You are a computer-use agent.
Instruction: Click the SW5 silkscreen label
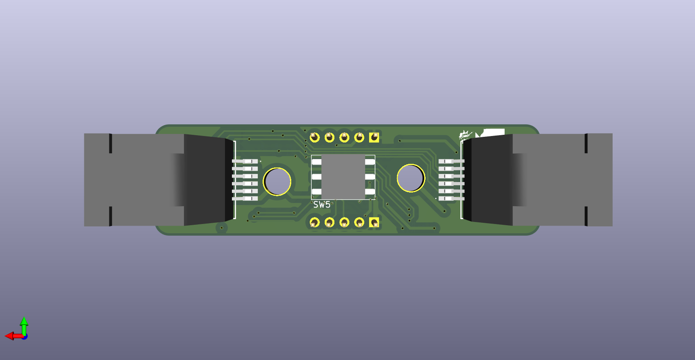click(x=322, y=205)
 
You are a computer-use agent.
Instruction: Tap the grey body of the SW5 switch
click(x=343, y=177)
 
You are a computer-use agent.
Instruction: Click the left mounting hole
click(x=277, y=181)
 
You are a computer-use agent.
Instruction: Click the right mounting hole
click(x=411, y=178)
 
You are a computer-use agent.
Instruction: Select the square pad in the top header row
click(x=374, y=137)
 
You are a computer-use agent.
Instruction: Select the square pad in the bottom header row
click(x=374, y=222)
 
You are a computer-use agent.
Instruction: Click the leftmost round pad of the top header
click(x=315, y=137)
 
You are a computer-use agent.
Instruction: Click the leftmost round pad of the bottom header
click(x=315, y=222)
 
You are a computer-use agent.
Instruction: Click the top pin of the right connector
click(x=451, y=161)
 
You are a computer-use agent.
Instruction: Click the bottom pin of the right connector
click(x=451, y=199)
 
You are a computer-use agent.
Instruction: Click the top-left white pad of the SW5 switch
click(x=317, y=162)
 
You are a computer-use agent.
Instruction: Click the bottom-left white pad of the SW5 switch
click(x=317, y=192)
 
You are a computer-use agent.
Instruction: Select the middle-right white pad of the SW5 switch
click(x=370, y=177)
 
